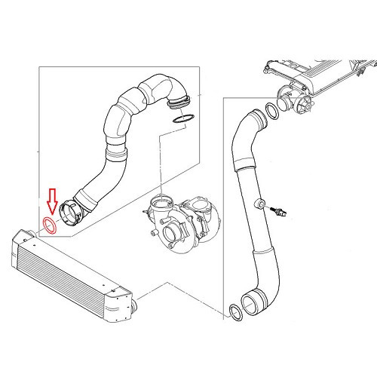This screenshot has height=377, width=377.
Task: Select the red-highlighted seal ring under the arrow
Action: [x=51, y=225]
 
